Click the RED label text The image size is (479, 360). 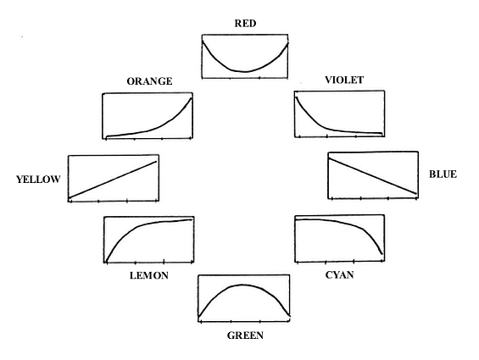click(245, 24)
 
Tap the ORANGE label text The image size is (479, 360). click(149, 81)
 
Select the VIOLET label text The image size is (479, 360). click(344, 80)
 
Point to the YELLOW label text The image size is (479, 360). click(38, 180)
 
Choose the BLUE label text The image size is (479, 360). click(443, 174)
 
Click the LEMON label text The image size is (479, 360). click(149, 276)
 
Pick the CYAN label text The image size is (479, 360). click(339, 275)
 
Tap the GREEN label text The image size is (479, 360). click(245, 335)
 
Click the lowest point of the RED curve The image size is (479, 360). click(245, 72)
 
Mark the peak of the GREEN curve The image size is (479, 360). click(242, 285)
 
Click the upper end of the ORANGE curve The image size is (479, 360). click(192, 98)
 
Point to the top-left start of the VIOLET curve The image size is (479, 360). click(296, 97)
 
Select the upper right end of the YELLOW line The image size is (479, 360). click(156, 162)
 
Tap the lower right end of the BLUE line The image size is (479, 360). click(416, 194)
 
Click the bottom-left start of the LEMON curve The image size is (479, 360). click(106, 261)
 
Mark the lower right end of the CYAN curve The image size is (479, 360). click(382, 254)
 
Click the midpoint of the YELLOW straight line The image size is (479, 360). click(113, 180)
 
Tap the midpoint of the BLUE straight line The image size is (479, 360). click(372, 176)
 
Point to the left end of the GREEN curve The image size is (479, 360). click(199, 316)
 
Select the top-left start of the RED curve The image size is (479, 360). click(203, 41)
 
